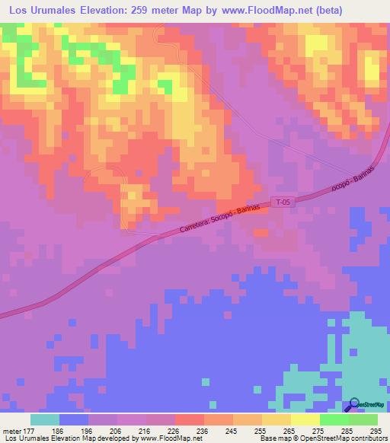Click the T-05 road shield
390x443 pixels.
(283, 202)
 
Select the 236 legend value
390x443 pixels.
(201, 430)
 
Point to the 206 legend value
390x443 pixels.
(116, 430)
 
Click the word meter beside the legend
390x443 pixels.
(12, 430)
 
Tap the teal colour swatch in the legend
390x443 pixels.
(45, 419)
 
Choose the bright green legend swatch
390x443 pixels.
(334, 419)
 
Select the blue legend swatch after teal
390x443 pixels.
(74, 419)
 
